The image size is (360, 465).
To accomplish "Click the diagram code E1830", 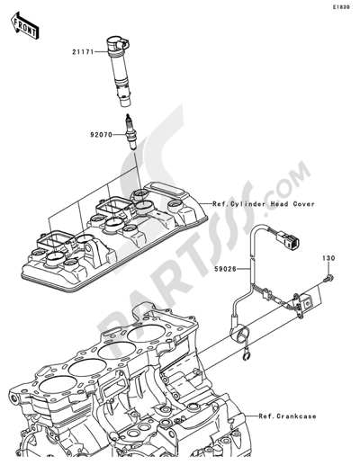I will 340,7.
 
